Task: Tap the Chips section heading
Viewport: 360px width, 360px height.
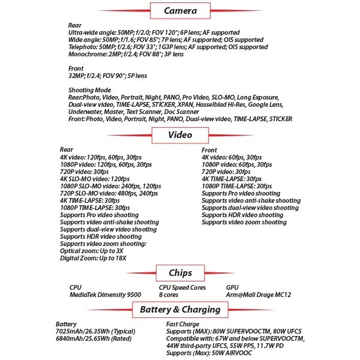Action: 180,272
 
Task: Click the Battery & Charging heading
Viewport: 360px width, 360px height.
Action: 180,310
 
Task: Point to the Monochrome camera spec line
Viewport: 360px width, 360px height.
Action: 126,54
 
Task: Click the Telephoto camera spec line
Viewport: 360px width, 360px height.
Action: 169,46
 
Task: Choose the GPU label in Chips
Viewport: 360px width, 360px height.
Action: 233,287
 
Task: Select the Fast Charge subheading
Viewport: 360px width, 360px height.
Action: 182,325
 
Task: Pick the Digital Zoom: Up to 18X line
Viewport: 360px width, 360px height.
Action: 97,258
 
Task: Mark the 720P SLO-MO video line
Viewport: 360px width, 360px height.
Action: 105,193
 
